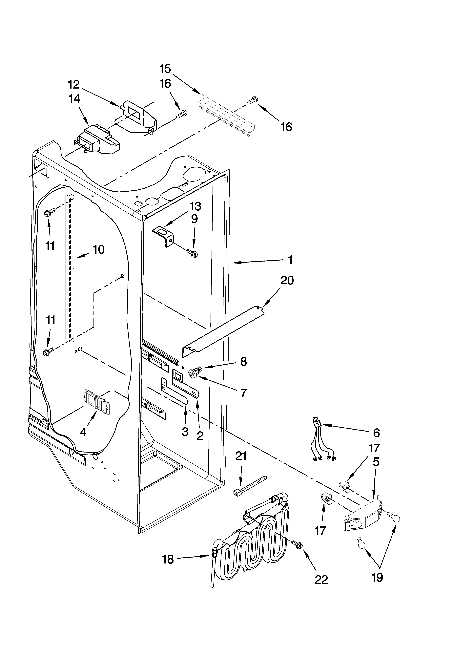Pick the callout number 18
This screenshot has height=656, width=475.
pos(168,560)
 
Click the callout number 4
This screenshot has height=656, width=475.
pos(83,440)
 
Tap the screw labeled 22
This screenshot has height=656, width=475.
pos(297,544)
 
